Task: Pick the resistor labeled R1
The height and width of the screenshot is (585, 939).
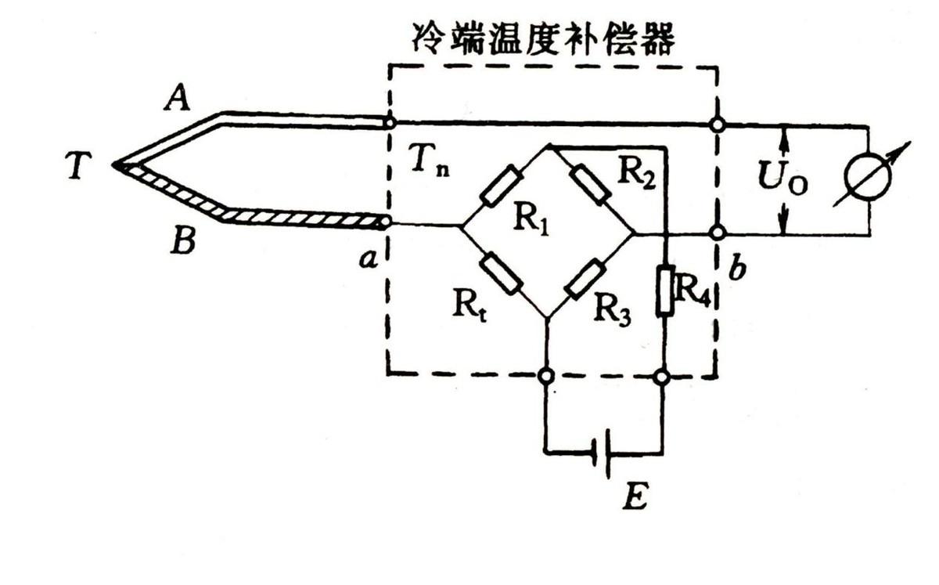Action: click(x=499, y=186)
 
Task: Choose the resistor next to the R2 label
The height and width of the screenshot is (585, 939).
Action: click(x=590, y=186)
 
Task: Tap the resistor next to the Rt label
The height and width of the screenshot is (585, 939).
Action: click(x=501, y=273)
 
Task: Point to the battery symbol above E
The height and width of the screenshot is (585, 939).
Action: click(x=603, y=453)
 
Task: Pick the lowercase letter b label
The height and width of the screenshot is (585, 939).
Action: click(x=739, y=269)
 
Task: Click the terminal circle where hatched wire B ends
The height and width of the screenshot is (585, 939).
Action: click(x=385, y=223)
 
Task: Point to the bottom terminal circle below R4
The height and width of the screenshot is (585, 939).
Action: click(x=663, y=377)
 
